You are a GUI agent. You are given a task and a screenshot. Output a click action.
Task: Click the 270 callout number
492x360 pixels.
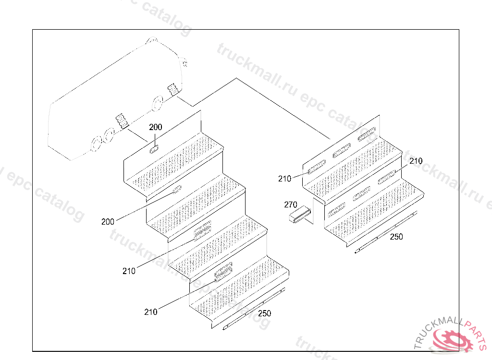(x=291, y=205)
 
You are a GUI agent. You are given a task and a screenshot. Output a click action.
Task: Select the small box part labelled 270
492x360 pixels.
(x=300, y=216)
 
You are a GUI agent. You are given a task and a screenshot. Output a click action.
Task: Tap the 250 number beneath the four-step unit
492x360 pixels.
(x=264, y=314)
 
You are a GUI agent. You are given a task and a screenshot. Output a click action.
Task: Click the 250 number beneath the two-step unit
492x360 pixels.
(x=396, y=237)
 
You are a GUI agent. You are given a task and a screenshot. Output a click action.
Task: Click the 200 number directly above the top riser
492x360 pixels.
(x=156, y=128)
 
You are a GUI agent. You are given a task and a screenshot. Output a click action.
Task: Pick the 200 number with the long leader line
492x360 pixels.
(x=108, y=222)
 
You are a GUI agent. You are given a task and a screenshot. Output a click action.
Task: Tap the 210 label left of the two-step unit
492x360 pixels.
(x=284, y=179)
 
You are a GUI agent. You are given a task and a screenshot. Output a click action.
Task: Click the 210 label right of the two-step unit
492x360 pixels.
(x=416, y=161)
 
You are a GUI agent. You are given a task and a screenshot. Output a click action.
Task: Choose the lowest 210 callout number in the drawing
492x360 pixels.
(x=150, y=312)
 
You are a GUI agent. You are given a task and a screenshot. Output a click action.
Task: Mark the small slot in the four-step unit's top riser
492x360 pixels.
(x=155, y=149)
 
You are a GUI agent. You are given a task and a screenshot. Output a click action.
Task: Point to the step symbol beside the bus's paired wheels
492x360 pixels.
(x=121, y=122)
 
